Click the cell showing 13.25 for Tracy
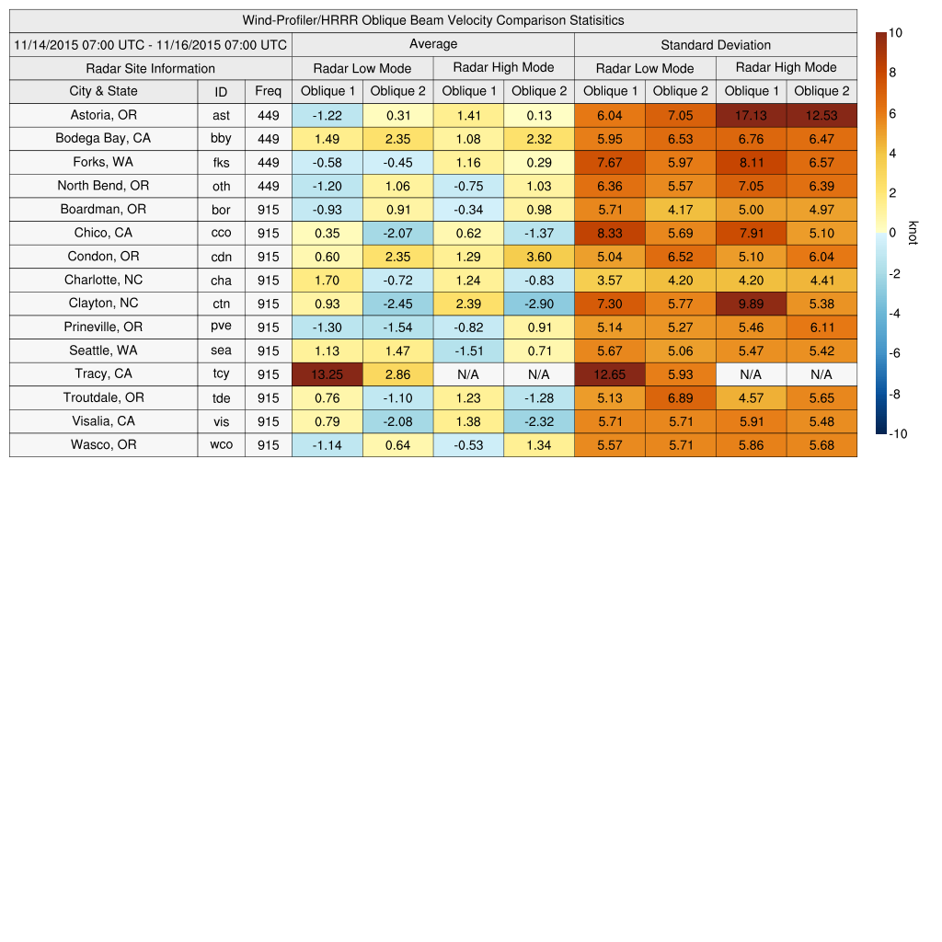(327, 374)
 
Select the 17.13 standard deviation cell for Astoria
(751, 115)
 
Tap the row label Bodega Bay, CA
(103, 139)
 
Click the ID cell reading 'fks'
(221, 163)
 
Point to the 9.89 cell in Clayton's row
(751, 304)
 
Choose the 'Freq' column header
(268, 91)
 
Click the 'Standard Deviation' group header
(716, 45)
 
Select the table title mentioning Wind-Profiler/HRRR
(433, 20)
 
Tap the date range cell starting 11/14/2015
(150, 45)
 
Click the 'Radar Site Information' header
(150, 68)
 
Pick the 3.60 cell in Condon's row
(539, 257)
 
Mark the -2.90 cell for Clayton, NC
(539, 304)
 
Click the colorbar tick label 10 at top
(895, 33)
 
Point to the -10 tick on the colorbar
(897, 434)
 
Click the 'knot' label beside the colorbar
(913, 234)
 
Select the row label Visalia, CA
(103, 421)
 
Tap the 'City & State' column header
(103, 91)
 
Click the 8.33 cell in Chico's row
(610, 233)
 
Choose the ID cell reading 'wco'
(221, 445)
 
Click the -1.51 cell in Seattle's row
(468, 350)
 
